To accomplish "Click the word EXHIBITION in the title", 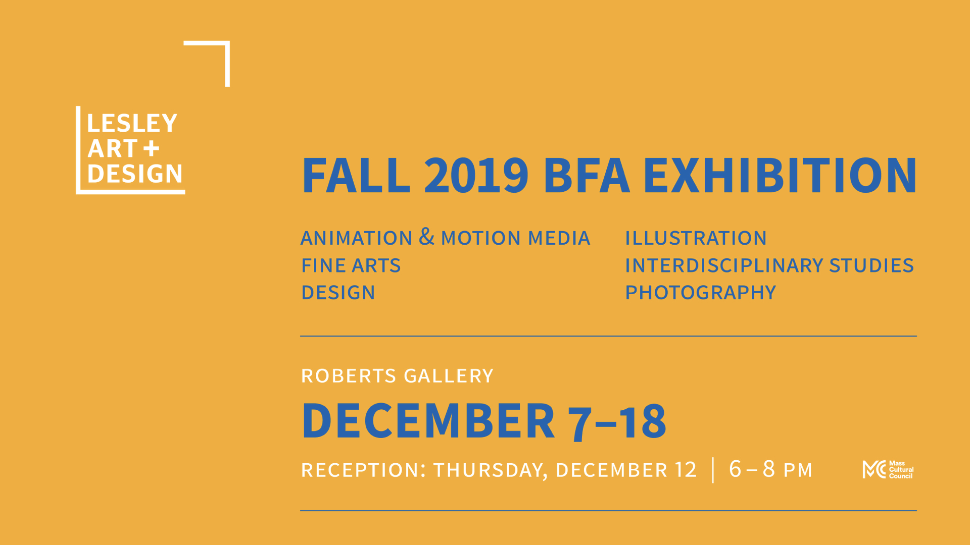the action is pyautogui.click(x=780, y=175).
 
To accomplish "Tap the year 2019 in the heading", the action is pyautogui.click(x=476, y=175).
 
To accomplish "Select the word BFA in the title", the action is pyautogui.click(x=587, y=175).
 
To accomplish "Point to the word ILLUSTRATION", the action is pyautogui.click(x=696, y=238).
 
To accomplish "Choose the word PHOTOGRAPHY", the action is pyautogui.click(x=700, y=293).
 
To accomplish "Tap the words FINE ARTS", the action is pyautogui.click(x=351, y=265).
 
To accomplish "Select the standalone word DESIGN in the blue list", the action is pyautogui.click(x=338, y=293).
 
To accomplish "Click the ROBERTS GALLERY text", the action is pyautogui.click(x=397, y=376).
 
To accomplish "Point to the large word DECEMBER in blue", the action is pyautogui.click(x=428, y=420).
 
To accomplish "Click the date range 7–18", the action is pyautogui.click(x=617, y=422).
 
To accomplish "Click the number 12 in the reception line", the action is pyautogui.click(x=686, y=470).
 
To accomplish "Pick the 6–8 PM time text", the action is pyautogui.click(x=770, y=469).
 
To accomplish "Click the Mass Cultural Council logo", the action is pyautogui.click(x=888, y=470).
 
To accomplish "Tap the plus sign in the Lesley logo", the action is pyautogui.click(x=151, y=148).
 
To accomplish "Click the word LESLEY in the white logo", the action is pyautogui.click(x=132, y=123).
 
